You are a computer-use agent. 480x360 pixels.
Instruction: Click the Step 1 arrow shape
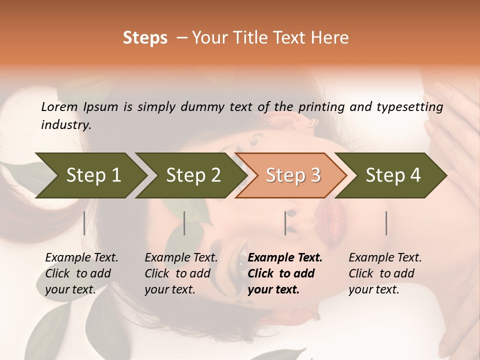click(x=90, y=175)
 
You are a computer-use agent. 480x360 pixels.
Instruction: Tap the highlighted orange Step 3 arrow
click(x=292, y=175)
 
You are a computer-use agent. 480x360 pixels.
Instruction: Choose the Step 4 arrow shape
click(x=392, y=175)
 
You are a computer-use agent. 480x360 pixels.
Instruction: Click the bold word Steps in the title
click(x=145, y=38)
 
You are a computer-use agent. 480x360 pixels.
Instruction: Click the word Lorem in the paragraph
click(x=59, y=106)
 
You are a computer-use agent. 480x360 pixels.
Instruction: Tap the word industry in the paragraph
click(x=66, y=125)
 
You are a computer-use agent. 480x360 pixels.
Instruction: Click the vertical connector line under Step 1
click(x=84, y=223)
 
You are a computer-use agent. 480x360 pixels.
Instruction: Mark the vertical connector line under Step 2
click(x=184, y=223)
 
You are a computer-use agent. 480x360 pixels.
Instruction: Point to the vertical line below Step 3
click(x=285, y=223)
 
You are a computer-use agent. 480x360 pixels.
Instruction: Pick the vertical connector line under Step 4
click(x=386, y=223)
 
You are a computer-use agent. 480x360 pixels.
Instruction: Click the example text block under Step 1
click(x=81, y=273)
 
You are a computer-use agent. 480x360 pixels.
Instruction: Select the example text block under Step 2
click(x=181, y=273)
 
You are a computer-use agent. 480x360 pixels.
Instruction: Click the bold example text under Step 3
click(x=285, y=273)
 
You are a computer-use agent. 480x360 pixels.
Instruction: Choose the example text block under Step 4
click(x=385, y=273)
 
